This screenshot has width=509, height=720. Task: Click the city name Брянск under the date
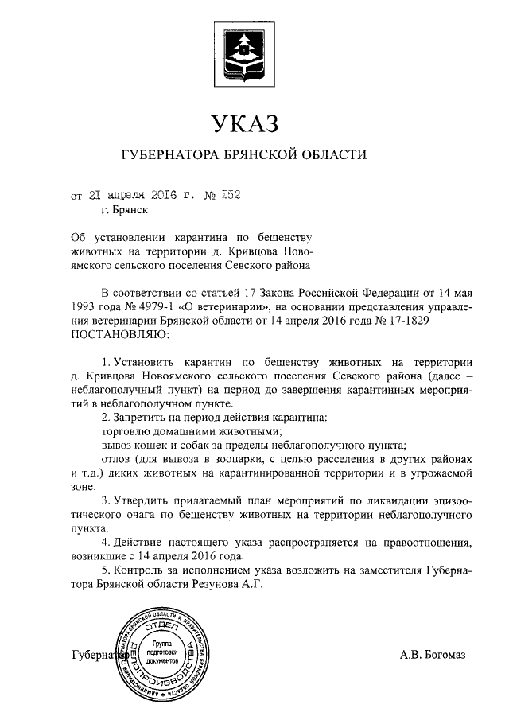coord(130,211)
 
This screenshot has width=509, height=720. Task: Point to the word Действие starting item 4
coord(145,543)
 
